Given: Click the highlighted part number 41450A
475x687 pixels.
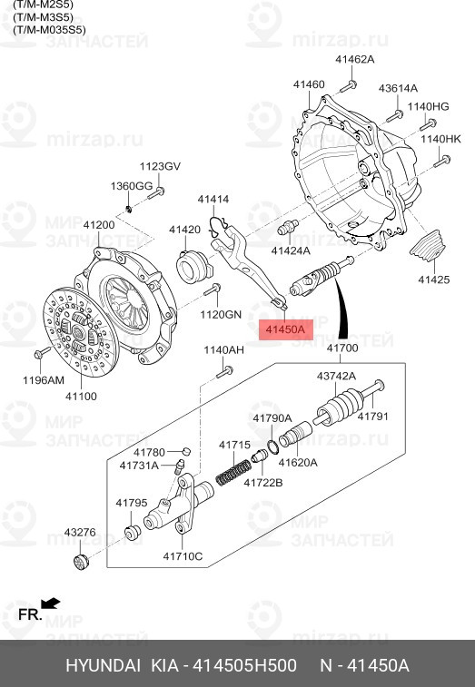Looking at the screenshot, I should (285, 329).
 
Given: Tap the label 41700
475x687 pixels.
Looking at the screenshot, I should (341, 348).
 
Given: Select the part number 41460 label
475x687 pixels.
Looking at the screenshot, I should (308, 84).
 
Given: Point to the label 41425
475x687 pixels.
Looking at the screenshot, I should (433, 280).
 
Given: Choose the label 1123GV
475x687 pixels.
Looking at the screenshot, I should (159, 166).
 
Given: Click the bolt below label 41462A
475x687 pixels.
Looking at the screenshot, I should (349, 86).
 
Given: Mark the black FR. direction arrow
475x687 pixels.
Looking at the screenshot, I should (51, 602).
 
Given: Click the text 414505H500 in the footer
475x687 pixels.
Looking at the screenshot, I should (243, 666).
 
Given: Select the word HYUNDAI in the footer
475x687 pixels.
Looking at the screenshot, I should (98, 666).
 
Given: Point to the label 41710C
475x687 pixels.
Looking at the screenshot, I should (183, 555).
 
